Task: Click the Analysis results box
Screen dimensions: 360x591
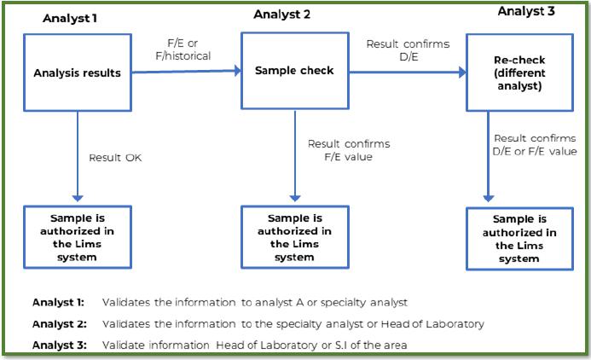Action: coord(78,73)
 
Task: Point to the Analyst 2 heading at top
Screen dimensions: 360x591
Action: coord(281,14)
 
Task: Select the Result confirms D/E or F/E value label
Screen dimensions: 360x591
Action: coord(535,144)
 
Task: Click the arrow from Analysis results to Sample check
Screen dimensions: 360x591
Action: coord(186,73)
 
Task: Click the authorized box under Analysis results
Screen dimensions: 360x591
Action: coord(78,231)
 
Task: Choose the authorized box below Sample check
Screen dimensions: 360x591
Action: coord(294,231)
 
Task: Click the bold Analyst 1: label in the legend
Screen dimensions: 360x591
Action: coord(56,303)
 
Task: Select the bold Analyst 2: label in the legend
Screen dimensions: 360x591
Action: coord(56,323)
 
